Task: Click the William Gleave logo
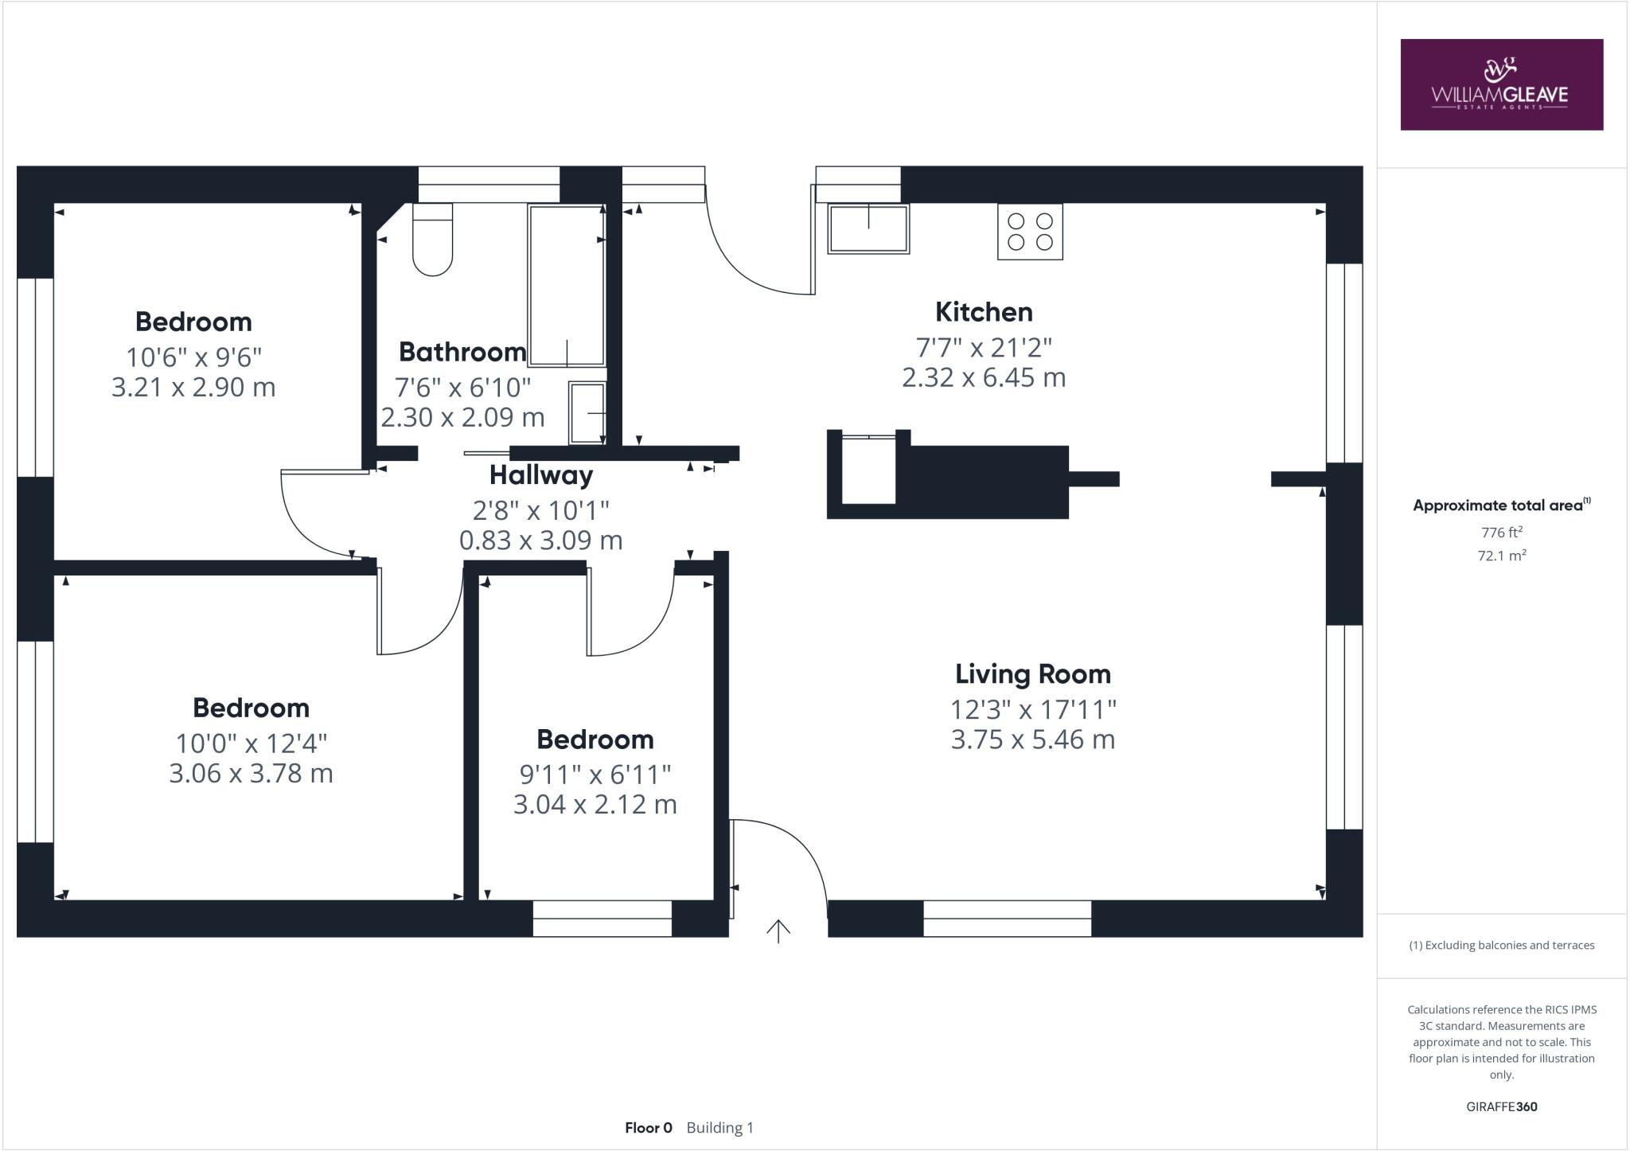click(1501, 84)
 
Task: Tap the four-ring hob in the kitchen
click(1030, 232)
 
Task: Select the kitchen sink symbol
click(868, 228)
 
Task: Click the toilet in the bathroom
click(432, 240)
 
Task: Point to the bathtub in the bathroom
click(567, 286)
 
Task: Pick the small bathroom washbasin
click(587, 413)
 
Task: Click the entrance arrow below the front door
click(778, 931)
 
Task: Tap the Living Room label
click(1032, 674)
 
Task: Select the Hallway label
click(540, 475)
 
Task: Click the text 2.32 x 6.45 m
click(983, 377)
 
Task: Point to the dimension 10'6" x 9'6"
click(193, 357)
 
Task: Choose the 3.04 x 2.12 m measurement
click(595, 804)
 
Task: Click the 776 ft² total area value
click(1501, 533)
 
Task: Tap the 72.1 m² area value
click(1501, 556)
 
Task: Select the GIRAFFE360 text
click(1501, 1106)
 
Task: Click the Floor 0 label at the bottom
click(648, 1128)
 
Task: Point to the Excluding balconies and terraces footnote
click(1501, 946)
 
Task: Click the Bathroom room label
click(462, 352)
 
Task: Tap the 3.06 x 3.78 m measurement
click(251, 774)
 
